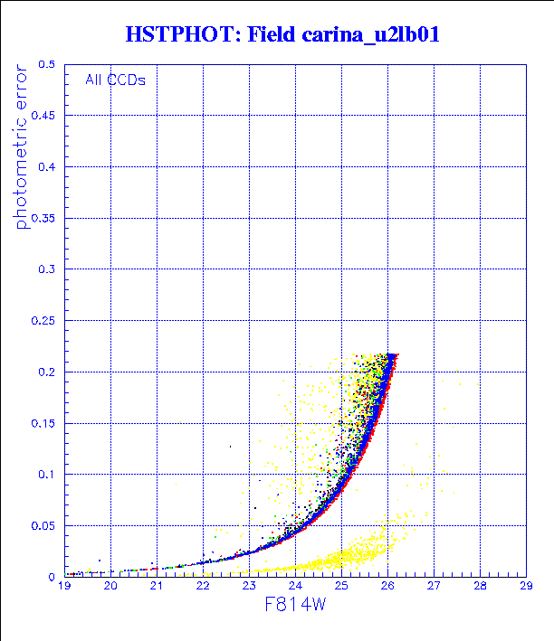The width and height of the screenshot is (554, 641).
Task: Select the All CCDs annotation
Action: (115, 80)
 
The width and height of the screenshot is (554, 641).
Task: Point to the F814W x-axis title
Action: (295, 608)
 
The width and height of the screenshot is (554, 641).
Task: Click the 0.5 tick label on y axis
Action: (48, 65)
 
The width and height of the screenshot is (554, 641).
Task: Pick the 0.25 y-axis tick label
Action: (44, 321)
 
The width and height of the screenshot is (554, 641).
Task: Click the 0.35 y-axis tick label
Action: (44, 219)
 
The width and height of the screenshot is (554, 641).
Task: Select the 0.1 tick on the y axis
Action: (48, 474)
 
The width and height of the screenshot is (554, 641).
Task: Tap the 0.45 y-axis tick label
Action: (44, 117)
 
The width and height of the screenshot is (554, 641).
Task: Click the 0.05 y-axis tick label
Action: (44, 525)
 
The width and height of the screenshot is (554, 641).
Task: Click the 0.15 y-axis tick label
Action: (44, 423)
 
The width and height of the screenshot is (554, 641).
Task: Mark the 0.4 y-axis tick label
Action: (48, 167)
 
